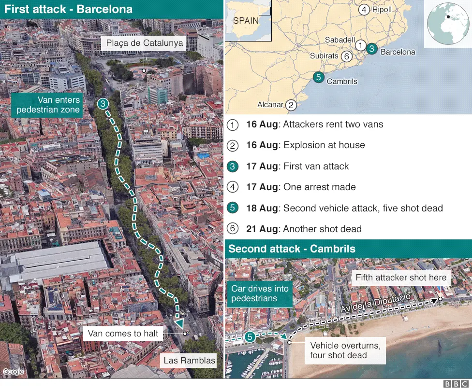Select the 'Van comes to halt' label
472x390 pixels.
(123, 334)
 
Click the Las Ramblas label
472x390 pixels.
(189, 360)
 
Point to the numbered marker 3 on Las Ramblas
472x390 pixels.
(103, 104)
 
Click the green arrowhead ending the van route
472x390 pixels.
(179, 323)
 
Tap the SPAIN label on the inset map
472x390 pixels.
(246, 21)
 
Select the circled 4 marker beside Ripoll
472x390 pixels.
(364, 9)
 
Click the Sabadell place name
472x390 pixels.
(340, 40)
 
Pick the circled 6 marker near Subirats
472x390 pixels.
(346, 56)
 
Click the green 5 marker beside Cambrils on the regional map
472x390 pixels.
(318, 77)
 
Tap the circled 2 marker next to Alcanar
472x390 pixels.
(291, 105)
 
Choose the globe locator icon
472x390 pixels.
(447, 23)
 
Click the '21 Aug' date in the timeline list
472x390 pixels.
(262, 229)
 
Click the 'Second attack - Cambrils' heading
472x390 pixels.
(292, 249)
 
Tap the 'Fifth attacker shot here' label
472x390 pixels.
(401, 278)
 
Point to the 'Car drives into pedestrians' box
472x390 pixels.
(260, 293)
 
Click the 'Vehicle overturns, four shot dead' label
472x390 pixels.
(345, 350)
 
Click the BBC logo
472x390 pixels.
(455, 384)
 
